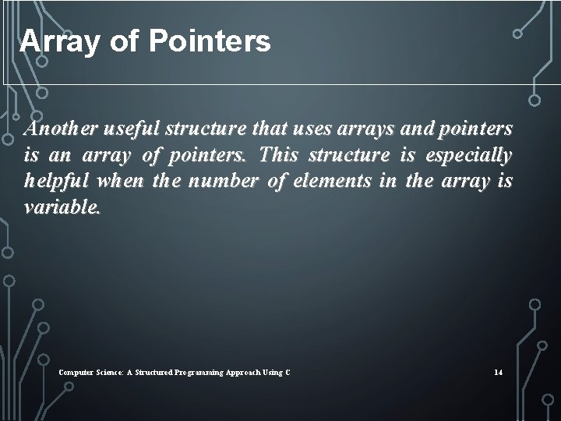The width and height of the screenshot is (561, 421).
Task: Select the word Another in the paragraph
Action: tap(62, 127)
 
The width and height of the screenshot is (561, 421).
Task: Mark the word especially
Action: tap(472, 154)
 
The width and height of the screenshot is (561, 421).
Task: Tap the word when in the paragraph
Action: tap(118, 182)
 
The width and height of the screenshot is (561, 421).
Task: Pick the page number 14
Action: tap(498, 373)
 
